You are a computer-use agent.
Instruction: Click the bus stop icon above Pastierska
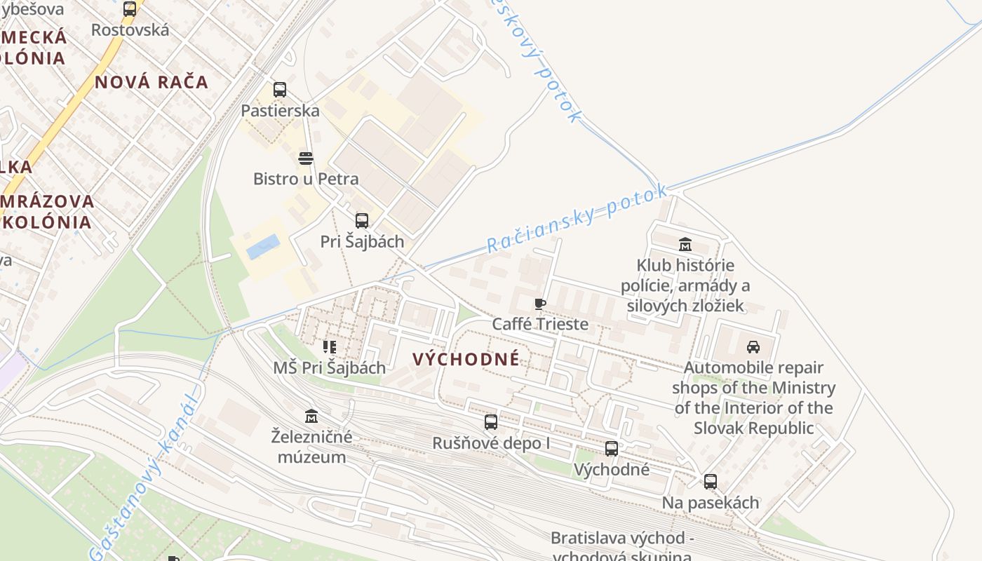coord(280,90)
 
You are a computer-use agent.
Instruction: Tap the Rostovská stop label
coord(130,30)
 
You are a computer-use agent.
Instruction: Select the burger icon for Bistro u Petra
coord(305,158)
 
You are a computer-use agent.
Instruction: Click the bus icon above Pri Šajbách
coord(362,221)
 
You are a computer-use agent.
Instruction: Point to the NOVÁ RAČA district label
coord(152,82)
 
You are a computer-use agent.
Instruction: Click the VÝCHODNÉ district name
coord(466,360)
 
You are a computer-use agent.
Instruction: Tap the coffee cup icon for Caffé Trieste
coord(539,304)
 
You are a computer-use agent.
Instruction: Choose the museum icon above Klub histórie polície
coord(685,245)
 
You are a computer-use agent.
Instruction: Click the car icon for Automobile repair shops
coord(753,346)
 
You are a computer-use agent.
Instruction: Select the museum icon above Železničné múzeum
coord(312,417)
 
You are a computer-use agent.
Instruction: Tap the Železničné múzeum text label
coord(311,447)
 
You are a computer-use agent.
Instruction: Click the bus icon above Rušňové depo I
coord(491,422)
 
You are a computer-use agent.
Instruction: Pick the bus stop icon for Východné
coord(612,449)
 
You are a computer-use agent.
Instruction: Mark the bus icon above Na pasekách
coord(711,482)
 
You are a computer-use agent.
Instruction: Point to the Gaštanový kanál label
coord(144,477)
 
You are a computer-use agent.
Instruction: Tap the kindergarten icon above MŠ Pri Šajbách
coord(330,347)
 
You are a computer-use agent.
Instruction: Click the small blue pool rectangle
coord(263,247)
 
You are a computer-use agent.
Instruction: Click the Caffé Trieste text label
coord(539,324)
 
